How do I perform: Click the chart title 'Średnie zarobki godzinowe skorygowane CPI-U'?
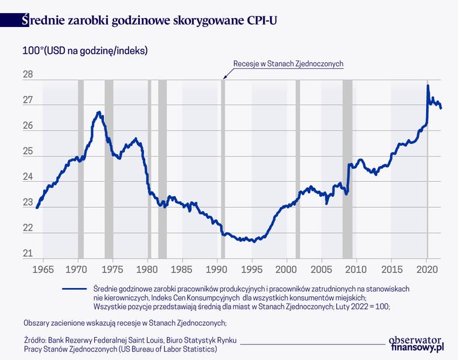tap(149, 20)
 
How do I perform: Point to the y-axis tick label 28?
tap(28, 75)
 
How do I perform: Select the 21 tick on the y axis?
tap(28, 253)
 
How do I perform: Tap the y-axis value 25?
tap(28, 151)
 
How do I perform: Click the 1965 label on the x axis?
tap(43, 269)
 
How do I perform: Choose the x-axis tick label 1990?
tap(217, 269)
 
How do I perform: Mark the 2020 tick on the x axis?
tap(427, 269)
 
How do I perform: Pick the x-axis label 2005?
tap(321, 269)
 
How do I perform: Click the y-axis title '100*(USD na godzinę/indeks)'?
tap(85, 51)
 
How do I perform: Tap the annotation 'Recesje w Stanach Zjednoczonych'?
tap(288, 64)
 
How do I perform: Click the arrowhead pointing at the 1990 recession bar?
tap(224, 78)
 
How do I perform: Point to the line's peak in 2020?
tap(428, 85)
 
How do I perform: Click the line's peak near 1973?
tap(99, 112)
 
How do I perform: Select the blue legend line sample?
tap(74, 289)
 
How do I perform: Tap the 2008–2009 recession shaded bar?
tap(348, 169)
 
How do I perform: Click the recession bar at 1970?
tap(80, 169)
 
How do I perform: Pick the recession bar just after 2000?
tap(298, 169)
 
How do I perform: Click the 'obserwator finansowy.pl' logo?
tap(416, 344)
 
